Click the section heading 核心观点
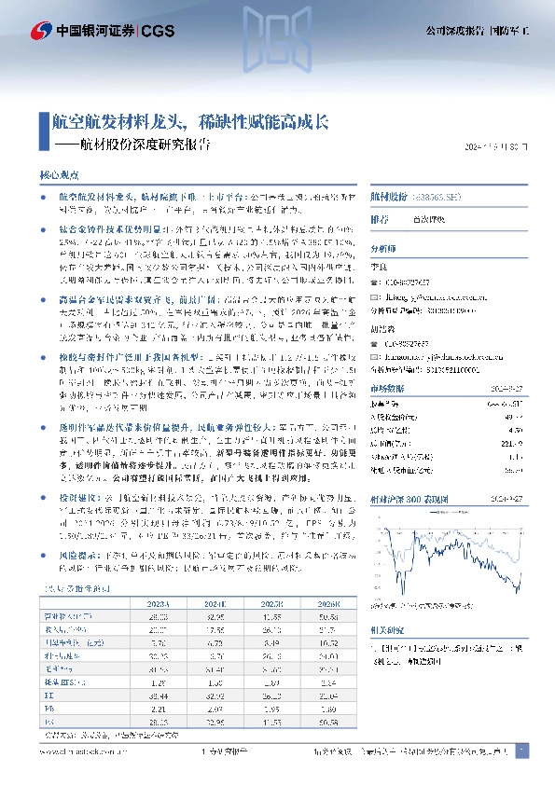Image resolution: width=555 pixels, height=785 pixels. click(56, 175)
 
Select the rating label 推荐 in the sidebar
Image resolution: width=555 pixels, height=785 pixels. click(379, 220)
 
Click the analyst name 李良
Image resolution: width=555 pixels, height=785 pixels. click(379, 267)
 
